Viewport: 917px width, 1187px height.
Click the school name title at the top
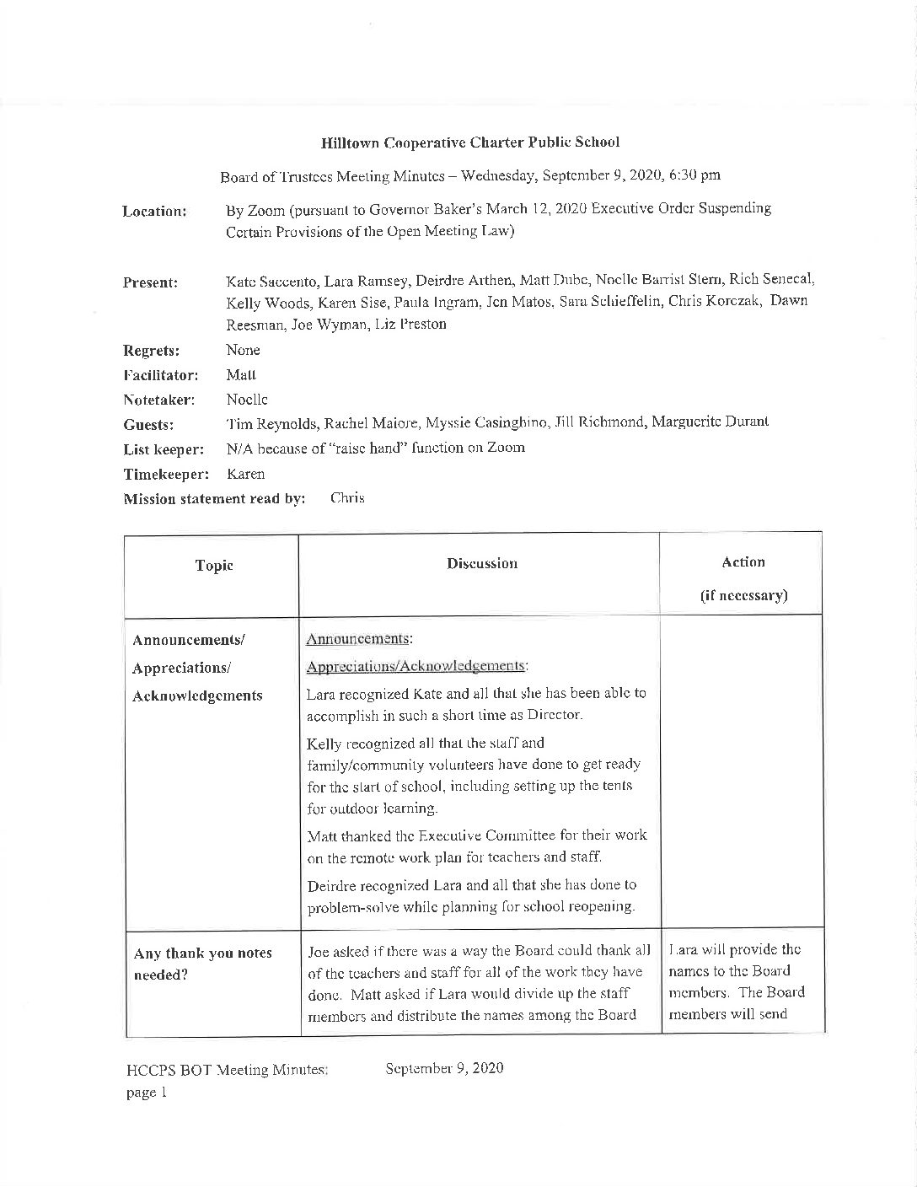[469, 142]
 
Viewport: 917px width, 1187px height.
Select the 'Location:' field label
[154, 211]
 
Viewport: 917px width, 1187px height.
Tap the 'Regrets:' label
[149, 351]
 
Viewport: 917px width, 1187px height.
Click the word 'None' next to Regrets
[243, 350]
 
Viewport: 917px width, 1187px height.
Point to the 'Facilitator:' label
[160, 375]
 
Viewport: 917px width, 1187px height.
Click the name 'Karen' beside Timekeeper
[245, 474]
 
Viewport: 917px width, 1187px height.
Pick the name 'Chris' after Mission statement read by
[347, 498]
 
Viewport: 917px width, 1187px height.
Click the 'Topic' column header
[213, 566]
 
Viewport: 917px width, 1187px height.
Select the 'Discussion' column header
[482, 563]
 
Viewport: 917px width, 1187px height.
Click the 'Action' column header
[743, 562]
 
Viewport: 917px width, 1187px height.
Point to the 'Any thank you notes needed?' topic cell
[202, 964]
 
